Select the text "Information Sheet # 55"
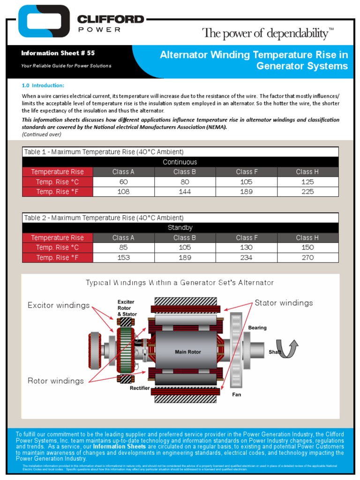pyautogui.click(x=58, y=53)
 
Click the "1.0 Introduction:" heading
pyautogui.click(x=43, y=85)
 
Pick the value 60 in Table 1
pyautogui.click(x=124, y=181)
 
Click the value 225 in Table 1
pyautogui.click(x=307, y=191)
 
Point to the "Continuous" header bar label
pyautogui.click(x=180, y=162)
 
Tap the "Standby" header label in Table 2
pyautogui.click(x=180, y=228)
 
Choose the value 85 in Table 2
pyautogui.click(x=124, y=247)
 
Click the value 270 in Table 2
pyautogui.click(x=307, y=257)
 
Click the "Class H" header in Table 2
pyautogui.click(x=307, y=238)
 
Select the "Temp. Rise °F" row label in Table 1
pyautogui.click(x=57, y=191)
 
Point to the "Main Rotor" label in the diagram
pyautogui.click(x=188, y=352)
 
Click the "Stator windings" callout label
pyautogui.click(x=284, y=303)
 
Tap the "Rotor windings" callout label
pyautogui.click(x=56, y=381)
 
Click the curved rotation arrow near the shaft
pyautogui.click(x=287, y=349)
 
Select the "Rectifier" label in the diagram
pyautogui.click(x=140, y=388)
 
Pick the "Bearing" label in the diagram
pyautogui.click(x=257, y=328)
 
